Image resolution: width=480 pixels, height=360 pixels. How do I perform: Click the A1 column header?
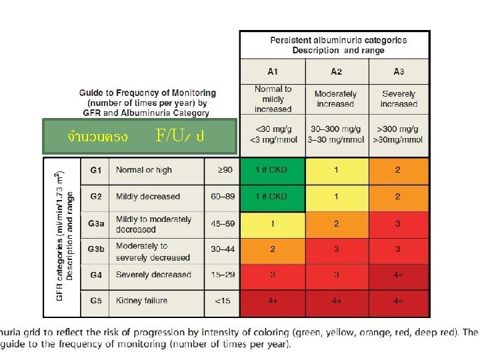(273, 71)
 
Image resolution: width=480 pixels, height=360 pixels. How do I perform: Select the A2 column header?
(336, 71)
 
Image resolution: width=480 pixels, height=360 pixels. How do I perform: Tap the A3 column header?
(398, 71)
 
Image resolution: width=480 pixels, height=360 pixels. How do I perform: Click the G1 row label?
(96, 170)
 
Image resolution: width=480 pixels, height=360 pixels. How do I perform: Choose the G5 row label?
(96, 301)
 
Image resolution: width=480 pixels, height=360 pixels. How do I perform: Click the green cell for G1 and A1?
(272, 170)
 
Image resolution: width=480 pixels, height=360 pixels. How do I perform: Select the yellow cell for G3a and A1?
(272, 224)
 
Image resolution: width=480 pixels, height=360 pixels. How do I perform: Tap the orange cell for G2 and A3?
(398, 197)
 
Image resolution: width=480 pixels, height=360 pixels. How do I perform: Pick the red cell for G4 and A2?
(336, 275)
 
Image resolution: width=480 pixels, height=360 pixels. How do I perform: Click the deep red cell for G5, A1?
(272, 301)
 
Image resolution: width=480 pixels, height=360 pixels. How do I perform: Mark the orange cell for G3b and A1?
(272, 249)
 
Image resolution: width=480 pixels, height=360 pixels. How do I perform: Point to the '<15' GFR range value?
(222, 301)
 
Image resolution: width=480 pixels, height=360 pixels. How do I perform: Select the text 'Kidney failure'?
(141, 301)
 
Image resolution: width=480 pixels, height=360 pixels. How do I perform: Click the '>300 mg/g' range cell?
(399, 134)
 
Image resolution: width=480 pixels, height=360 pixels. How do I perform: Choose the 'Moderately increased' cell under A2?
(336, 99)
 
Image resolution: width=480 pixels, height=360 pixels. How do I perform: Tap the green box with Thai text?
(139, 137)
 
